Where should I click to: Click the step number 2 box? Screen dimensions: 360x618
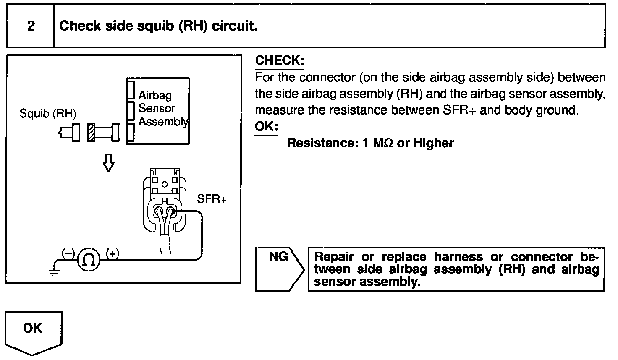(30, 26)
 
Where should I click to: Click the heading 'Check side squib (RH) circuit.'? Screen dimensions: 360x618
(158, 26)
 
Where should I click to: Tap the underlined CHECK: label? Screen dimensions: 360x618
(280, 60)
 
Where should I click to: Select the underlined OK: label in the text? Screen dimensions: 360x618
(266, 126)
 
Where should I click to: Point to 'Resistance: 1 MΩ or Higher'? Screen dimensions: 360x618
(370, 143)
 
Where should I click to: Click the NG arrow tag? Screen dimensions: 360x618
(279, 269)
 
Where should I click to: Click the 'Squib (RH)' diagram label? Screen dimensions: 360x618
(48, 113)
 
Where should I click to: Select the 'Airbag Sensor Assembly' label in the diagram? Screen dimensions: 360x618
(162, 109)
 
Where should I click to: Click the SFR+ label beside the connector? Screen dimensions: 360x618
(212, 199)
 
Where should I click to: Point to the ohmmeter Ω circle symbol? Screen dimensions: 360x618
(89, 260)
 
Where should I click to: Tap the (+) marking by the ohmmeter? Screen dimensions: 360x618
(112, 253)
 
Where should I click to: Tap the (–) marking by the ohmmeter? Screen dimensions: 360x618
(68, 253)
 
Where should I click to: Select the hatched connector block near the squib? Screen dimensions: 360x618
(90, 132)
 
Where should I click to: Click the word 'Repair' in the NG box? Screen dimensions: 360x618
(334, 257)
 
